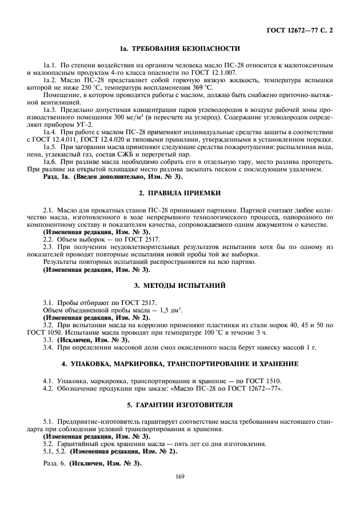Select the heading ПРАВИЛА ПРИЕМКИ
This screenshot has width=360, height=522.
click(x=185, y=195)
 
